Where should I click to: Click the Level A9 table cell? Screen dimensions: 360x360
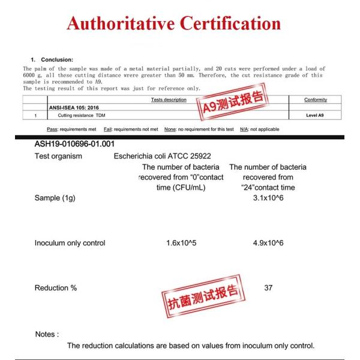pyautogui.click(x=316, y=114)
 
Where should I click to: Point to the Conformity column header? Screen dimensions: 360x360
pyautogui.click(x=316, y=100)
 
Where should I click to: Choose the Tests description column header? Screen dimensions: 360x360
pyautogui.click(x=169, y=100)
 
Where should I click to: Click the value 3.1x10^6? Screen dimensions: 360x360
pyautogui.click(x=268, y=198)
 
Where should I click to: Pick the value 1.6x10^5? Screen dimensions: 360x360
pyautogui.click(x=182, y=243)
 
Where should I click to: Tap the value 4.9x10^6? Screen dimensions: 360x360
pyautogui.click(x=268, y=243)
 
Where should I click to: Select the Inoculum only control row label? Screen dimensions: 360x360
pyautogui.click(x=70, y=243)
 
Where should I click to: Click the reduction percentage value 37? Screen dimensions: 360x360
pyautogui.click(x=268, y=288)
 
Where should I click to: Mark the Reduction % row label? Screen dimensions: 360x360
pyautogui.click(x=56, y=288)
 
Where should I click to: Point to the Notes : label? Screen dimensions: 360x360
pyautogui.click(x=47, y=334)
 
